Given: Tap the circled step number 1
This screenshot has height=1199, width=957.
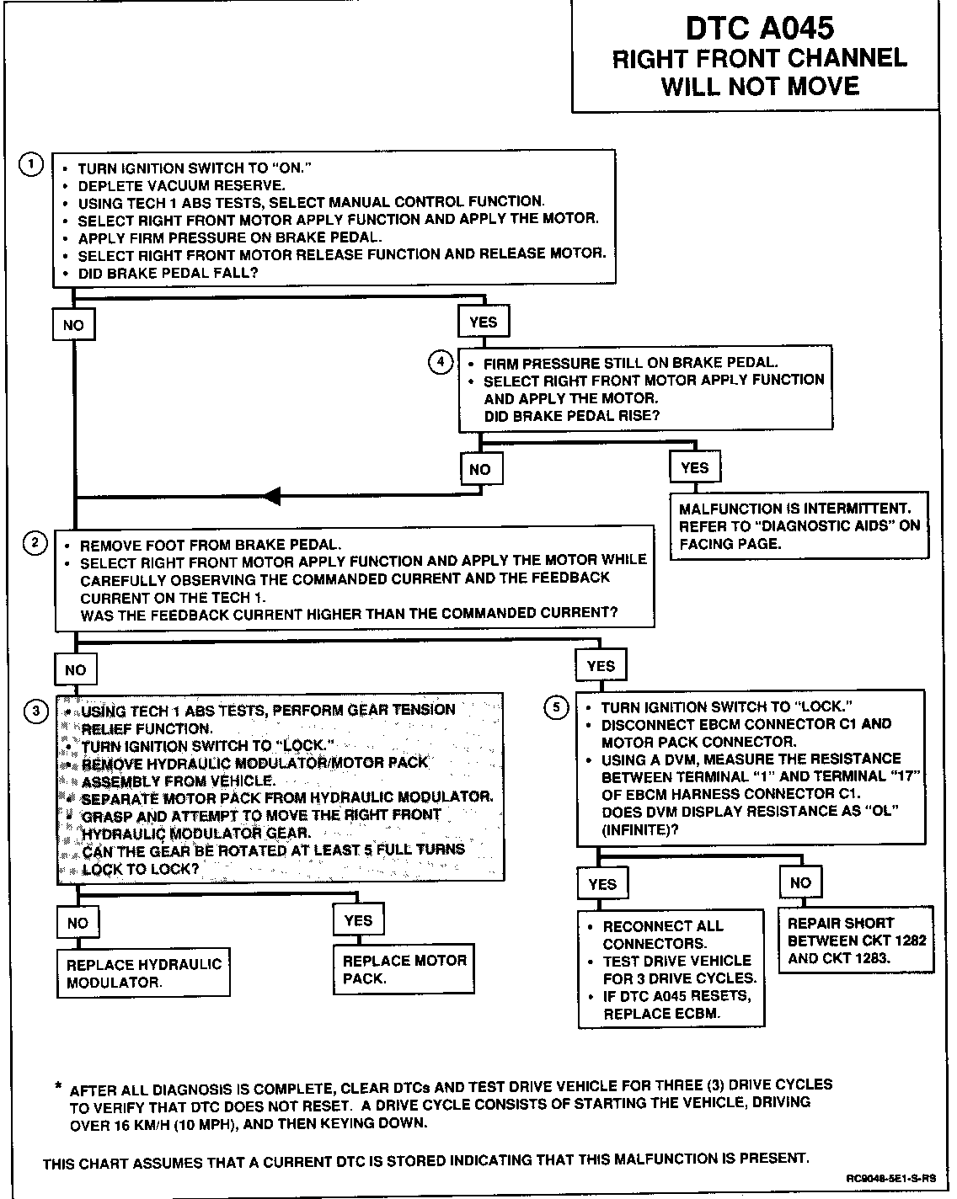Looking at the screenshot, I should tap(30, 165).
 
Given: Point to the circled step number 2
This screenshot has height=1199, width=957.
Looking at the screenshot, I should tap(35, 543).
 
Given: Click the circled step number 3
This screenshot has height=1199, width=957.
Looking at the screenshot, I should tap(35, 711).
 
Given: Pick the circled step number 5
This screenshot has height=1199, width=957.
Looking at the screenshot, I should tap(557, 707).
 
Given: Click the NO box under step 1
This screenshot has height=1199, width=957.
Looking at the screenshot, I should tap(73, 325).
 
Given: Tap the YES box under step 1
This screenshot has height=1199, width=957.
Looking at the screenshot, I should tap(483, 322).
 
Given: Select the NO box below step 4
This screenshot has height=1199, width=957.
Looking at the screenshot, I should tap(480, 469).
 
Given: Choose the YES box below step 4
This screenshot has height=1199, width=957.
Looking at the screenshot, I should tap(694, 467).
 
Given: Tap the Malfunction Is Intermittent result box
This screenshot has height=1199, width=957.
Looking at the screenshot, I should tap(799, 526).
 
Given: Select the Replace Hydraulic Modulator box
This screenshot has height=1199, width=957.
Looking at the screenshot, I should tap(144, 973).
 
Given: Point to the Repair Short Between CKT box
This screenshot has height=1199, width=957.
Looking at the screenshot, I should tap(856, 940).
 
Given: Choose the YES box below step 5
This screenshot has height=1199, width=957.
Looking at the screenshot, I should tap(602, 884).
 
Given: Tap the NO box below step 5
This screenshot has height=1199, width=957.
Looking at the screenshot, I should tap(800, 882).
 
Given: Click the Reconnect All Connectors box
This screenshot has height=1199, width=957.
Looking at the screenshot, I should tap(671, 969).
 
